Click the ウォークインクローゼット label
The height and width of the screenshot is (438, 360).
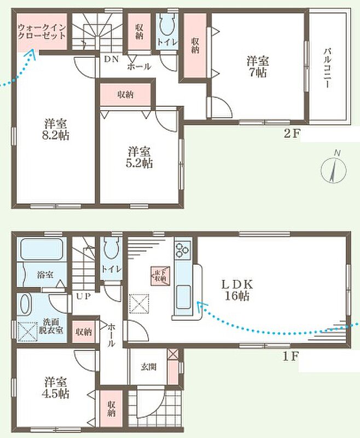42,32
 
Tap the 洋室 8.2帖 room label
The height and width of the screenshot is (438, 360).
55,129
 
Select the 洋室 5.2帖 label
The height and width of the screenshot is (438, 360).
140,157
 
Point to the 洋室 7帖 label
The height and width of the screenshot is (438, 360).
257,66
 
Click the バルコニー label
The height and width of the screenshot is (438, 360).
327,68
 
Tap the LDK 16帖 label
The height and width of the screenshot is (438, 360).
237,290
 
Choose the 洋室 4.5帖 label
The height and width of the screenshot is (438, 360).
55,388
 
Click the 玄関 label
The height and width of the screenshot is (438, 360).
148,366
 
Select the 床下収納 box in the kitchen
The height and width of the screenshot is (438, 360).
159,276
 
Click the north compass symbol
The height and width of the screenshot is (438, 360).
334,169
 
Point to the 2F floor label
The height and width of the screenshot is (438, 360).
292,134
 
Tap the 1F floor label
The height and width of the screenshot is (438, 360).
291,356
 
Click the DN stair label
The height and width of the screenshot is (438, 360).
112,59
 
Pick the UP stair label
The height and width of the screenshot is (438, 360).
84,296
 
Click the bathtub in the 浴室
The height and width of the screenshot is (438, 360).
41,249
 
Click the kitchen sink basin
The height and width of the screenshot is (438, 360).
183,297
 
